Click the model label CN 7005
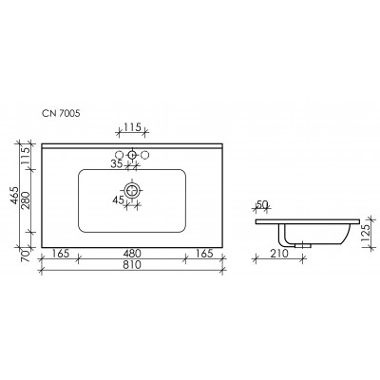pyautogui.click(x=61, y=113)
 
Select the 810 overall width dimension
pyautogui.click(x=131, y=264)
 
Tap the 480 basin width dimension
pyautogui.click(x=132, y=254)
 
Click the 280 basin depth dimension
pyautogui.click(x=27, y=200)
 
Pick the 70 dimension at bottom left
pyautogui.click(x=27, y=256)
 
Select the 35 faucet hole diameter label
pyautogui.click(x=117, y=164)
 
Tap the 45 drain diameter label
pyautogui.click(x=118, y=200)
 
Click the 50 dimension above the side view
pyautogui.click(x=261, y=204)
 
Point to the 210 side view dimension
pyautogui.click(x=279, y=254)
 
